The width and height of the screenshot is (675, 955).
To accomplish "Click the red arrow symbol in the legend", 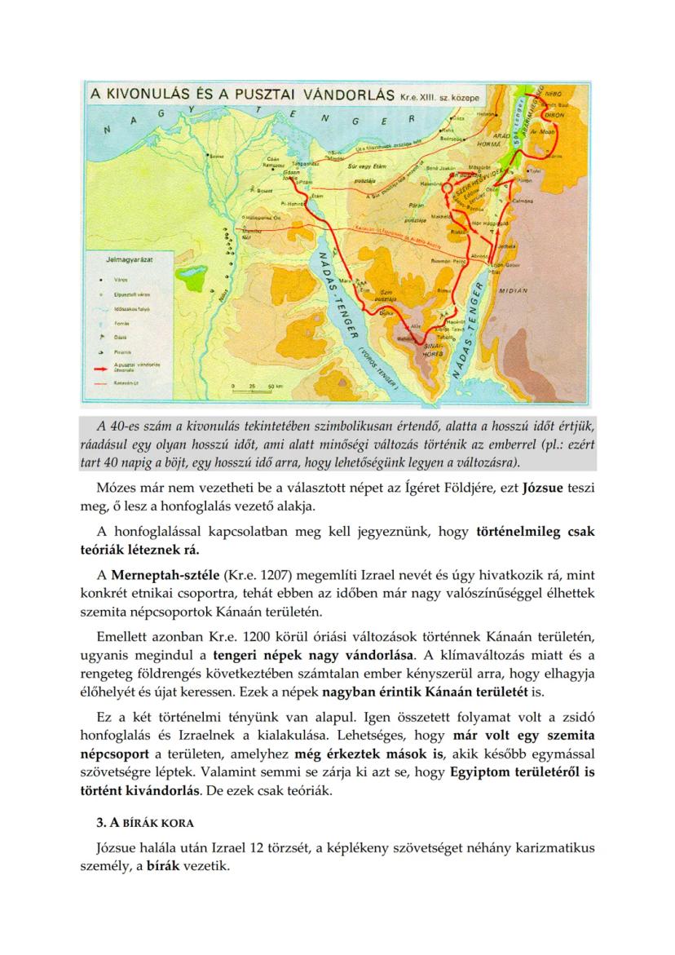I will coord(99,368).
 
